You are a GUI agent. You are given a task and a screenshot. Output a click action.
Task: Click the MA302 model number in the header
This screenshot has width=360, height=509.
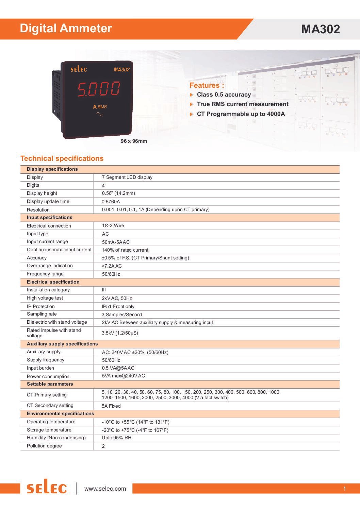click(x=320, y=29)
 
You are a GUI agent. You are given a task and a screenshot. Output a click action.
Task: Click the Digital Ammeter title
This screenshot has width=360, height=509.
click(x=66, y=28)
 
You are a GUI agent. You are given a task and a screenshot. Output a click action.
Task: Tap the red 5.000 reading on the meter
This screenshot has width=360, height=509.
click(x=99, y=89)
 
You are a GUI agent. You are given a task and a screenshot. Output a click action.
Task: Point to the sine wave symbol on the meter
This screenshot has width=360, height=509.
click(x=100, y=114)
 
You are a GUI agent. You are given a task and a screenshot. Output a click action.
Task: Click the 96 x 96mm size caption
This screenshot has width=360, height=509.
click(x=134, y=141)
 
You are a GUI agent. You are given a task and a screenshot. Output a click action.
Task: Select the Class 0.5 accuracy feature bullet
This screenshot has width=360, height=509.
click(x=224, y=95)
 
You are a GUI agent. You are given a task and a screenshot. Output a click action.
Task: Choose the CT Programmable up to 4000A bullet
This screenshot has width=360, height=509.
click(x=241, y=114)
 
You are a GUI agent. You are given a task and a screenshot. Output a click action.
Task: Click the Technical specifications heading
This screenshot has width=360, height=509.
click(x=62, y=158)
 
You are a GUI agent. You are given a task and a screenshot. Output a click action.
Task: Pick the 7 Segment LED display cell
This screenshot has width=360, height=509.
click(x=127, y=177)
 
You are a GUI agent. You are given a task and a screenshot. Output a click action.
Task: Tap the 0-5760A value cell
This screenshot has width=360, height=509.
click(x=111, y=202)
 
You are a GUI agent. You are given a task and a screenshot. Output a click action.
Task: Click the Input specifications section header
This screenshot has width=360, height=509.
click(x=49, y=218)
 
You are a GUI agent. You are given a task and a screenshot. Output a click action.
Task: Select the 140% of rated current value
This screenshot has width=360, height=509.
click(x=125, y=250)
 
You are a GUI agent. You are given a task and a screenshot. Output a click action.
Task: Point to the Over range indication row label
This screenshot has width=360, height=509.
click(x=50, y=266)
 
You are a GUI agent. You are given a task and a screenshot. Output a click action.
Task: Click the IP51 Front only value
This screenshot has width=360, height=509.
click(x=118, y=306)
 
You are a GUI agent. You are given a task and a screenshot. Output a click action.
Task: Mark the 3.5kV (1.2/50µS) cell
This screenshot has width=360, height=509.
click(x=120, y=333)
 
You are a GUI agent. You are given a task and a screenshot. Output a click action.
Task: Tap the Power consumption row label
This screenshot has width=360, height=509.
click(x=48, y=376)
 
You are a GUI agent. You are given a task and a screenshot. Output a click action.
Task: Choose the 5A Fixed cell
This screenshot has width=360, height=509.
click(x=111, y=406)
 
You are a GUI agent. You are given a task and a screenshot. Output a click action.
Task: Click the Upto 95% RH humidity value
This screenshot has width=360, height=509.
click(x=116, y=438)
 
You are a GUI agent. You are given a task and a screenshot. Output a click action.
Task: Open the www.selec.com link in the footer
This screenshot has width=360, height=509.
click(x=105, y=489)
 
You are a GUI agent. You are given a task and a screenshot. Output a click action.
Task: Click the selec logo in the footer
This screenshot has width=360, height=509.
click(x=47, y=488)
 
